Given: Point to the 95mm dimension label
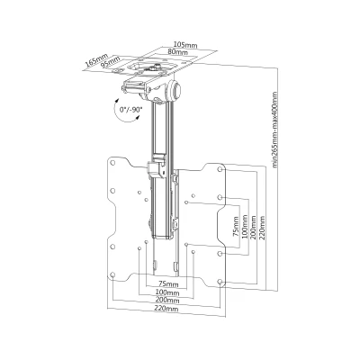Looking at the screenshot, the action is click(x=111, y=62).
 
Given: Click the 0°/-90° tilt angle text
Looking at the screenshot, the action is click(x=131, y=110).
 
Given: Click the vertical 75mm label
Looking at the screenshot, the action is click(x=236, y=227).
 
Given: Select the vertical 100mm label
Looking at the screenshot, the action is click(x=245, y=227).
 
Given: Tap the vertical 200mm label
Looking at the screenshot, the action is click(x=254, y=227).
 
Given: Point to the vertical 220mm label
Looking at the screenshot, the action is click(x=263, y=227).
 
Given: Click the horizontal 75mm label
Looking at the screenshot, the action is click(x=168, y=284).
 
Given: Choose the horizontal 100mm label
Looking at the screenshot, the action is click(x=167, y=292).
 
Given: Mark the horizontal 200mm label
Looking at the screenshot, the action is click(x=167, y=300).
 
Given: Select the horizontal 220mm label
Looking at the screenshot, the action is click(x=166, y=308).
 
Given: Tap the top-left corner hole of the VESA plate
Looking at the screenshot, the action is click(x=112, y=163).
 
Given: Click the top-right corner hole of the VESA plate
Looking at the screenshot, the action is click(x=220, y=169).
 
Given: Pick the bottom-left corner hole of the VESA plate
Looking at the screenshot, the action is click(x=112, y=274).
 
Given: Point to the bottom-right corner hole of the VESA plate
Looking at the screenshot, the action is click(x=220, y=282).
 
